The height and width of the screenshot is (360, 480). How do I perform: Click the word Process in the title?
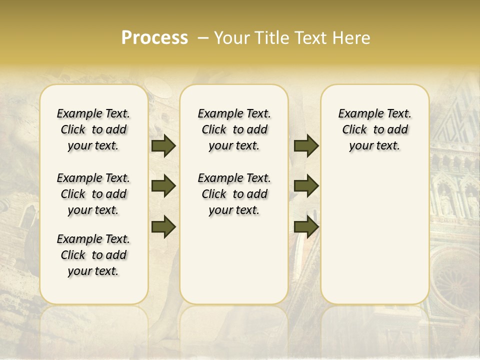pyautogui.click(x=154, y=38)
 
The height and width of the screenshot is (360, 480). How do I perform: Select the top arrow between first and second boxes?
pyautogui.click(x=163, y=146)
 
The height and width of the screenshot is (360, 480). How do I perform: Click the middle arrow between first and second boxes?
pyautogui.click(x=163, y=186)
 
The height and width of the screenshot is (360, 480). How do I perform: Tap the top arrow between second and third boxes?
pyautogui.click(x=306, y=146)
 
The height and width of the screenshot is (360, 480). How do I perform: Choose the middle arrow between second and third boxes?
pyautogui.click(x=306, y=186)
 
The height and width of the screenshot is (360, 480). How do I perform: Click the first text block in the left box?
pyautogui.click(x=93, y=129)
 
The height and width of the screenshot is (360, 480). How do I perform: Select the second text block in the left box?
pyautogui.click(x=93, y=194)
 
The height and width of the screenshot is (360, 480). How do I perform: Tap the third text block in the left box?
pyautogui.click(x=93, y=255)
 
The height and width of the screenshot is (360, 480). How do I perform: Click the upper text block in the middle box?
pyautogui.click(x=234, y=129)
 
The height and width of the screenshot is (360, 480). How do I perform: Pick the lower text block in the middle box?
pyautogui.click(x=234, y=194)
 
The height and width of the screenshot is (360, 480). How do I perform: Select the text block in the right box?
pyautogui.click(x=374, y=129)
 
